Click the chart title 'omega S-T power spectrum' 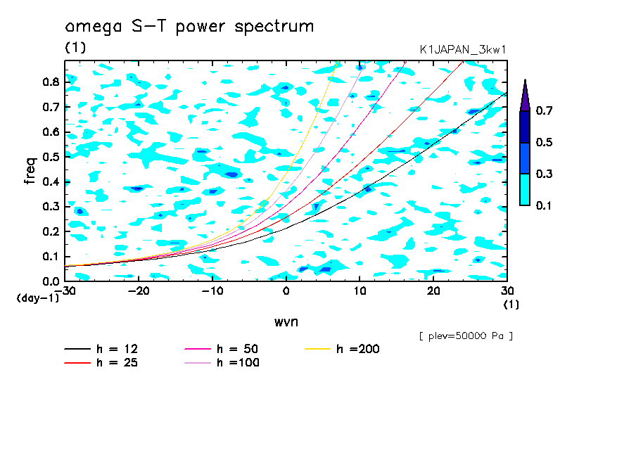(x=189, y=27)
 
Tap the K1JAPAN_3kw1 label (x=462, y=49)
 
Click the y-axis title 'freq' (x=30, y=171)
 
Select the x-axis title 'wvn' (x=286, y=321)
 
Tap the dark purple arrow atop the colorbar (x=524, y=96)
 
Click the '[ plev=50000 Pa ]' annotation (x=466, y=336)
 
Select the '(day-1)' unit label (x=37, y=298)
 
